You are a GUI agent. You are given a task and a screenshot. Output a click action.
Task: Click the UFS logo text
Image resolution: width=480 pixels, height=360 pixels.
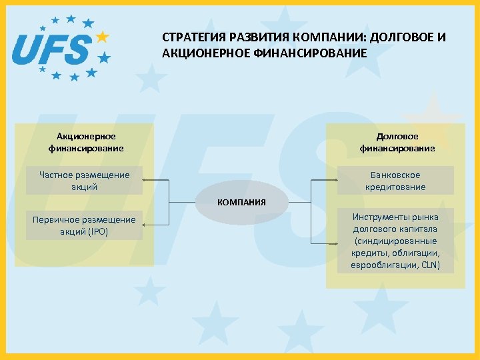click(x=52, y=49)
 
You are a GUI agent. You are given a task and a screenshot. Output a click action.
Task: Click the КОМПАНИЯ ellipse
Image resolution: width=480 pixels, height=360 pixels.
click(x=241, y=202)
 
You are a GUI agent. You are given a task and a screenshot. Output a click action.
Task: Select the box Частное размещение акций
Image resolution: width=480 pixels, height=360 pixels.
click(x=84, y=181)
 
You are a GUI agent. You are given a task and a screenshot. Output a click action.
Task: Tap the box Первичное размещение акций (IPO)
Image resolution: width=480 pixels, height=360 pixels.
click(x=84, y=225)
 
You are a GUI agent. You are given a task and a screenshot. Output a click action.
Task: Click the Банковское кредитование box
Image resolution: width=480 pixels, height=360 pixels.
click(x=395, y=181)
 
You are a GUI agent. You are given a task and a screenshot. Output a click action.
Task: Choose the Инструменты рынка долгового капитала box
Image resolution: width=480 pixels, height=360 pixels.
click(x=395, y=241)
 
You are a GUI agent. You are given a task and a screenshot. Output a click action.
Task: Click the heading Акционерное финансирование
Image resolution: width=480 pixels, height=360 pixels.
click(x=85, y=142)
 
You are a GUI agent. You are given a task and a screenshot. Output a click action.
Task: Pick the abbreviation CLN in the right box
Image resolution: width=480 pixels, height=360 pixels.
click(x=429, y=265)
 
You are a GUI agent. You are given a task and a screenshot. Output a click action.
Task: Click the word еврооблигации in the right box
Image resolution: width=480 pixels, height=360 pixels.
click(x=381, y=265)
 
